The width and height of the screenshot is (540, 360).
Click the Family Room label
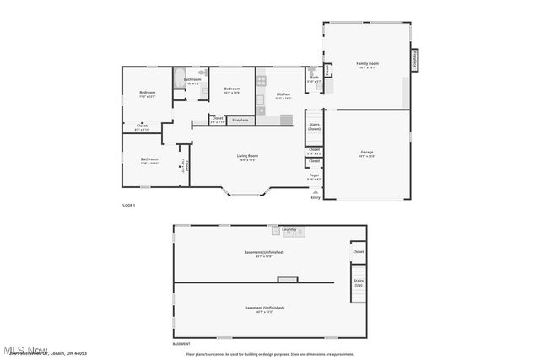pyautogui.click(x=367, y=65)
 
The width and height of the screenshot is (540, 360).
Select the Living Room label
pyautogui.click(x=247, y=157)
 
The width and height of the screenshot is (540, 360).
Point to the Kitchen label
pyautogui.click(x=283, y=95)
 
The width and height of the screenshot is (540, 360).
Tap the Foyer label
pyautogui.click(x=314, y=176)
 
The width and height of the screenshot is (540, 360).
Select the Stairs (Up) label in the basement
pyautogui.click(x=358, y=282)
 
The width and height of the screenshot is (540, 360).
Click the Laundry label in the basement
pyautogui.click(x=289, y=228)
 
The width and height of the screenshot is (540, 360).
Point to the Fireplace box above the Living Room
pyautogui.click(x=240, y=121)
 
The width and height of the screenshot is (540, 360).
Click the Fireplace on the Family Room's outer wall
pyautogui.click(x=414, y=61)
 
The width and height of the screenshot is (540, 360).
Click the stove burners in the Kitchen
pyautogui.click(x=262, y=81)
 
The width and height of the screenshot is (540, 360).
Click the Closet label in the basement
pyautogui.click(x=358, y=251)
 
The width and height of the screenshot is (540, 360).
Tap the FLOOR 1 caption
pyautogui.click(x=128, y=206)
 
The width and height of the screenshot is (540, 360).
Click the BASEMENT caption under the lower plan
pyautogui.click(x=181, y=344)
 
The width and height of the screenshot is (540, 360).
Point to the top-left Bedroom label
pyautogui.click(x=148, y=94)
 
